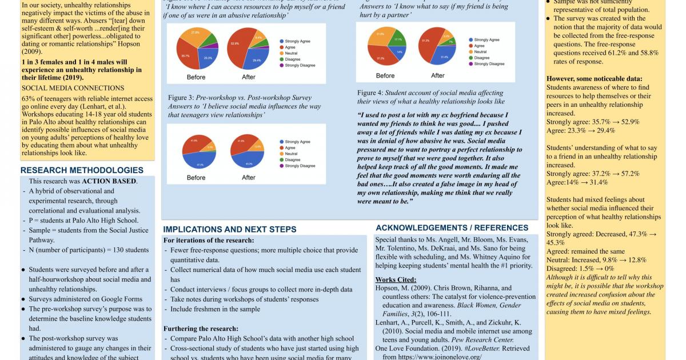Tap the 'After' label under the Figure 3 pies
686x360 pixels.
pyautogui.click(x=249, y=178)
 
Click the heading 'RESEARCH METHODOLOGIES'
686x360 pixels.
pyautogui.click(x=82, y=170)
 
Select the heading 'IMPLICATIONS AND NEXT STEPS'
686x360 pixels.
pyautogui.click(x=230, y=229)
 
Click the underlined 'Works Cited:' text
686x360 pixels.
pyautogui.click(x=396, y=279)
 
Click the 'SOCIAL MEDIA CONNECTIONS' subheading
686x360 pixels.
pyautogui.click(x=73, y=88)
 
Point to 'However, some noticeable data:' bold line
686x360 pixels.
pyautogui.click(x=594, y=78)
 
